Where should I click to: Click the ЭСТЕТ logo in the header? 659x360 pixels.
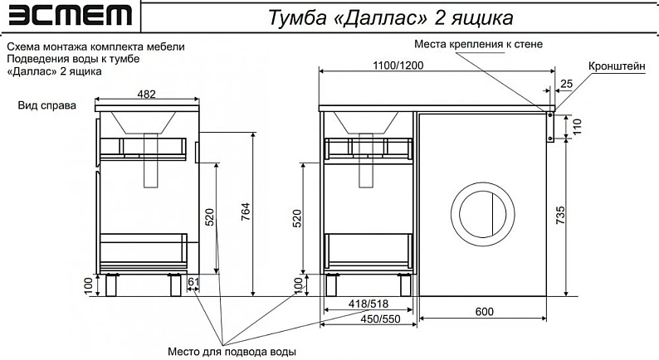70,15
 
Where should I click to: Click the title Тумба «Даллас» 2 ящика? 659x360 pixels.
390,17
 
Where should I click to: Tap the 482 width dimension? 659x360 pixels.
146,94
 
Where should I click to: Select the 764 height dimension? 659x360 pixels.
246,212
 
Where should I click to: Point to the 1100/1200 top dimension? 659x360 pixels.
398,66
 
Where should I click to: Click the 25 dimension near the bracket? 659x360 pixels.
567,84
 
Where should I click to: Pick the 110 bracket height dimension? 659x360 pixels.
576,126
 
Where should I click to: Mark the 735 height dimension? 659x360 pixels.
561,215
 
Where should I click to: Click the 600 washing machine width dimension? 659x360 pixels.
484,312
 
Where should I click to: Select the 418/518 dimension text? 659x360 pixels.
369,304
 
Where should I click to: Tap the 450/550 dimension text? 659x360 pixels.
380,319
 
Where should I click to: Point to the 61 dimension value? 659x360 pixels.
193,282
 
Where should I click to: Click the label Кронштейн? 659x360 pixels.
617,66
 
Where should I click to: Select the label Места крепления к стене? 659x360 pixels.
478,44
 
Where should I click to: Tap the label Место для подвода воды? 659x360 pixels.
232,351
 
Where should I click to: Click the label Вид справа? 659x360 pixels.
47,105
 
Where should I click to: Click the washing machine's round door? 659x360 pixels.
482,214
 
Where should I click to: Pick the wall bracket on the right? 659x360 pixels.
550,127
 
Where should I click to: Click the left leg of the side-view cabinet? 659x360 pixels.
111,285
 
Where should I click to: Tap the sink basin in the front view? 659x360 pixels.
366,123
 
